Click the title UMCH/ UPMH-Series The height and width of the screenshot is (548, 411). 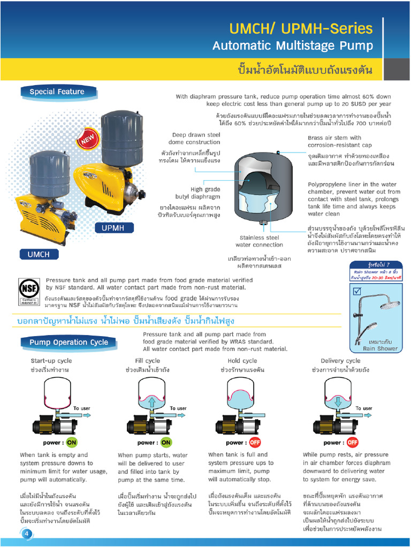[x=301, y=28]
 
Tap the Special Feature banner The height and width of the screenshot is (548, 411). [x=57, y=92]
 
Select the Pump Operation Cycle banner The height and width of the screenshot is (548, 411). [x=68, y=342]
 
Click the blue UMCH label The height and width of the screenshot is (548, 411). [x=38, y=255]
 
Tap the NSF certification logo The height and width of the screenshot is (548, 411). [x=29, y=292]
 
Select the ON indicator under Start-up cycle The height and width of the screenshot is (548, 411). [x=71, y=443]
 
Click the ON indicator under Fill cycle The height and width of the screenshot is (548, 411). [x=166, y=443]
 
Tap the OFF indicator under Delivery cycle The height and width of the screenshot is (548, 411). [x=352, y=443]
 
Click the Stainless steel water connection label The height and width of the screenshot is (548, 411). [x=259, y=241]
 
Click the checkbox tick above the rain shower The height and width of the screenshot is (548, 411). [x=357, y=291]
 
